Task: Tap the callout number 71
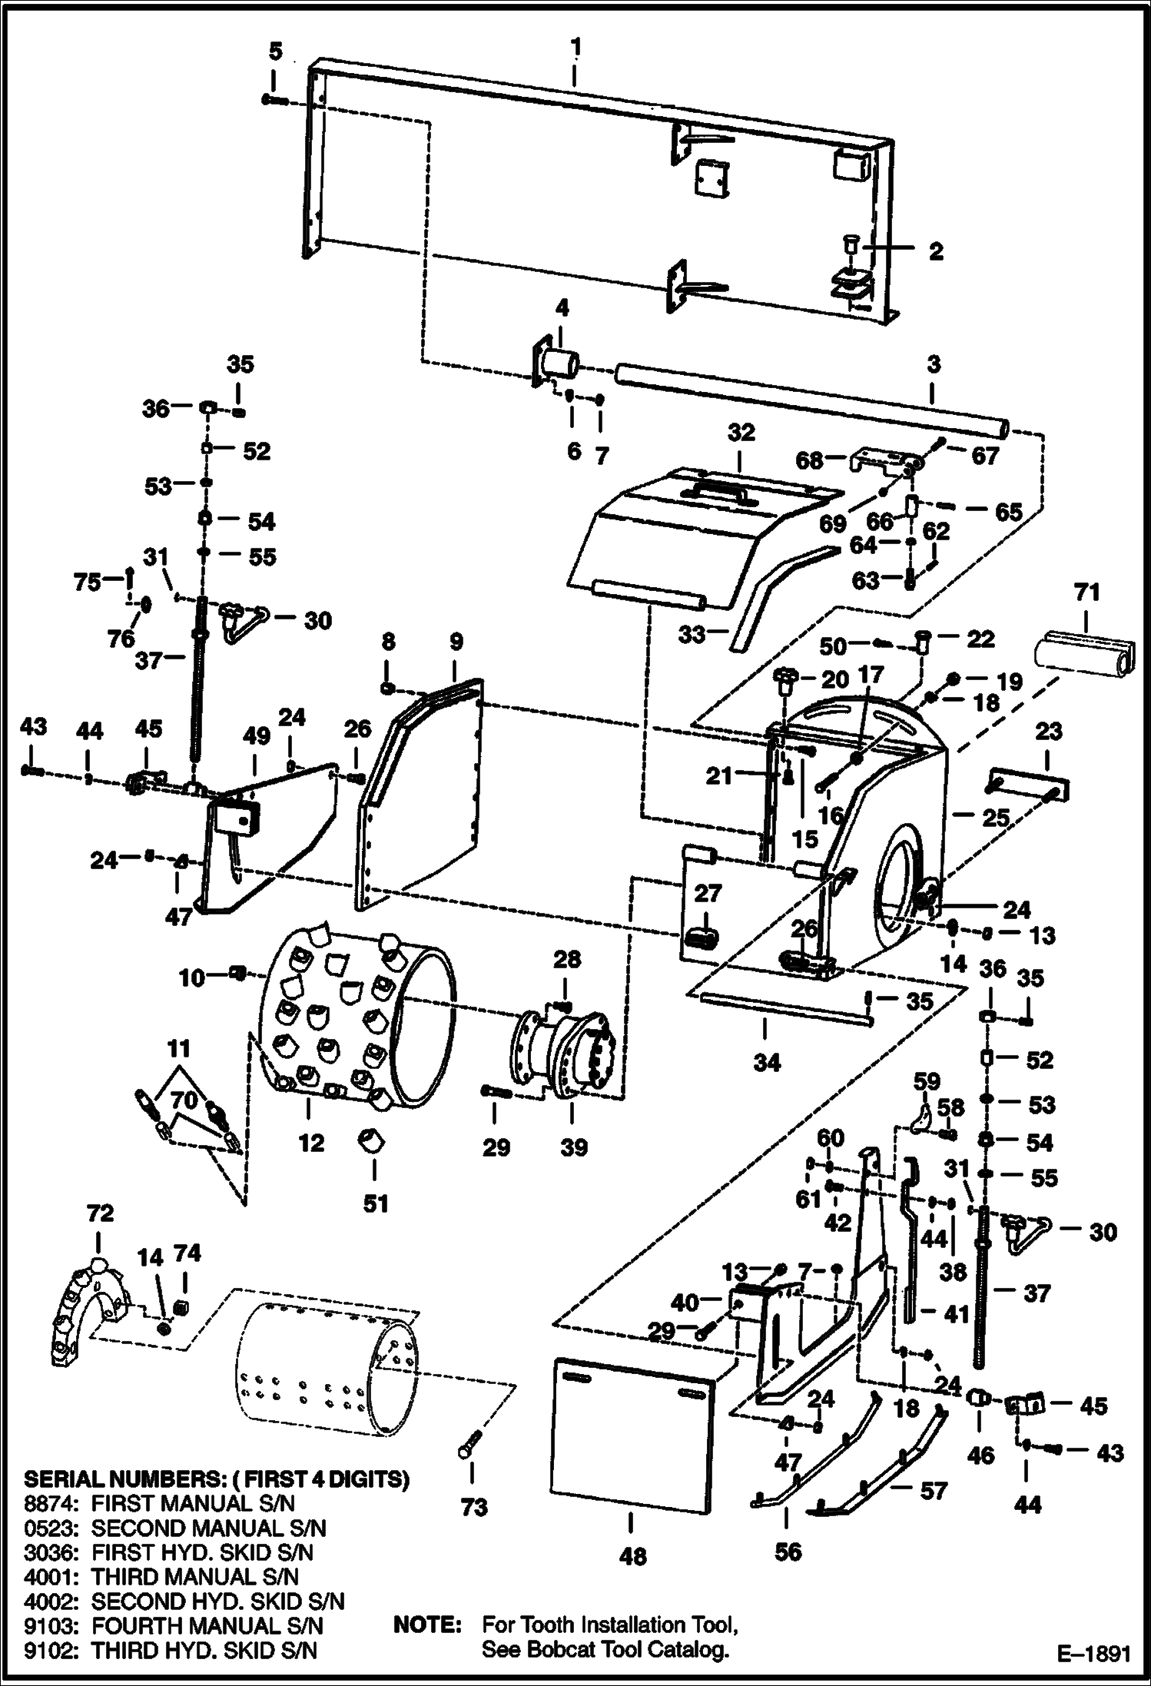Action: coord(1086,592)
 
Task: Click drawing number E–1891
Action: coord(1093,1653)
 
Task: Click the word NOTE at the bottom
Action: coord(426,1625)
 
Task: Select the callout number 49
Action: coord(257,735)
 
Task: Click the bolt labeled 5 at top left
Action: coord(274,100)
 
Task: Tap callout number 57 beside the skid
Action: coord(934,1512)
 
